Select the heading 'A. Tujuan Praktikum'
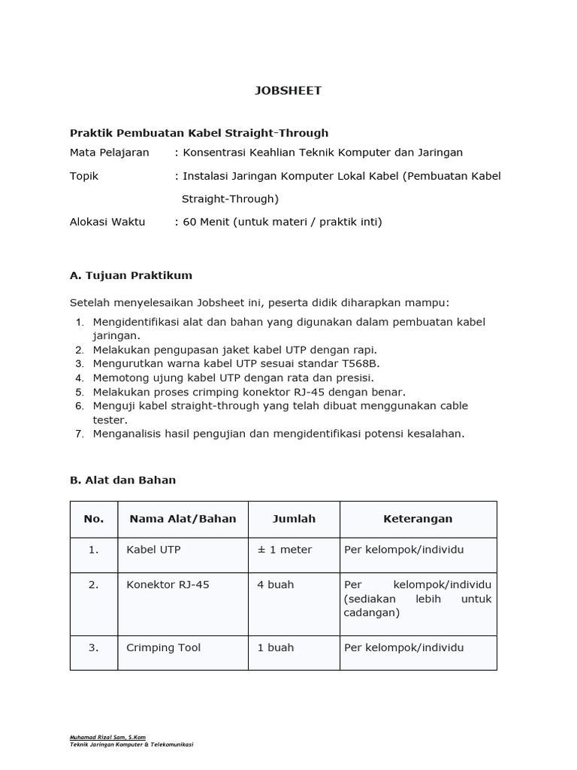coord(131,275)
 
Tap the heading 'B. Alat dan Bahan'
coord(122,480)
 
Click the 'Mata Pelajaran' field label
coord(109,153)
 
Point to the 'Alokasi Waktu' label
coord(107,222)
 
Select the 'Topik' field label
coord(84,176)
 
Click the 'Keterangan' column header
coord(418,519)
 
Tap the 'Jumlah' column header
coord(294,519)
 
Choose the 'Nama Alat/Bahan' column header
coord(183,519)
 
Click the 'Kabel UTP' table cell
coord(153,550)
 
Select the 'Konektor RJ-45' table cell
coord(168,584)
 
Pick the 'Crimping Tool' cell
coord(163,647)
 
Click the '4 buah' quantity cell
coord(275,584)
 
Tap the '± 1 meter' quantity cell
coord(284,550)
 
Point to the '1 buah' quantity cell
coord(275,647)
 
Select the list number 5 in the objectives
coord(79,392)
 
